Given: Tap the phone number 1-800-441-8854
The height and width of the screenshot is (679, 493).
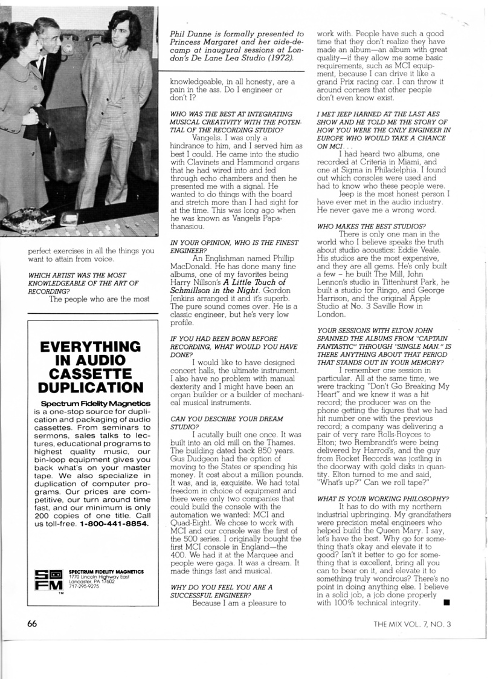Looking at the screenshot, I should click(x=114, y=524).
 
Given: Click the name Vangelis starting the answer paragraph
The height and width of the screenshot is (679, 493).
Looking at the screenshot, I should click(x=208, y=137).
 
